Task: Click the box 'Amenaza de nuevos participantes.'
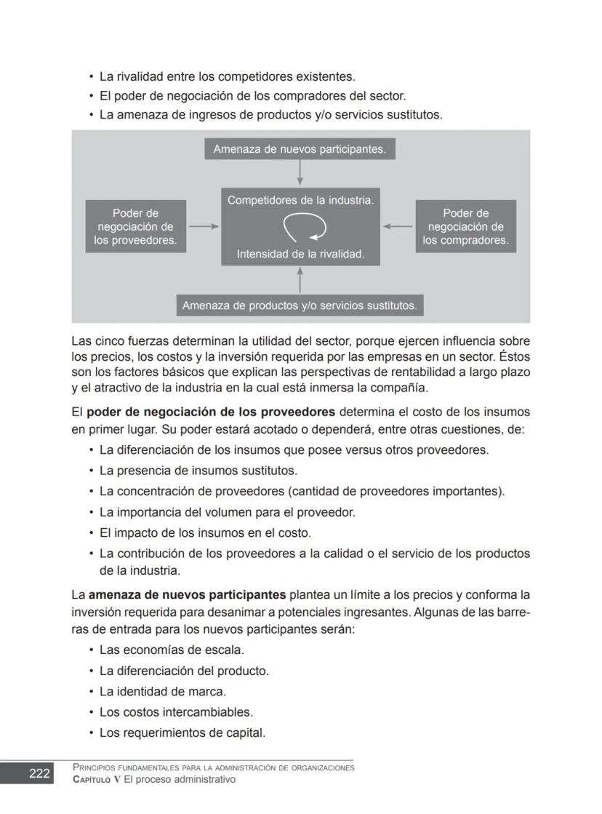300,149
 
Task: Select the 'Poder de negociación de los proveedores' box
135,226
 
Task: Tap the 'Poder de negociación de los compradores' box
465,226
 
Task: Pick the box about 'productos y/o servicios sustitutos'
300,306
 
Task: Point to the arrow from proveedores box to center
204,226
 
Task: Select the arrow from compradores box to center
398,226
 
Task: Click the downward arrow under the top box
300,173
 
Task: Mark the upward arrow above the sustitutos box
300,280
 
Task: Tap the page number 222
39,773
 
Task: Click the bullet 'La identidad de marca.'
162,692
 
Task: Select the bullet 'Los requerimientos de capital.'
182,733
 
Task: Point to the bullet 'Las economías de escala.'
172,650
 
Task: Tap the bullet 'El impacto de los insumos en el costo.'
205,532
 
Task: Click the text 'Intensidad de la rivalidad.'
300,255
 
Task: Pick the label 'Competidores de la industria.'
300,200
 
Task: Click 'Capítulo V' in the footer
97,780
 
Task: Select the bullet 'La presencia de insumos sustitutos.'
198,471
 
